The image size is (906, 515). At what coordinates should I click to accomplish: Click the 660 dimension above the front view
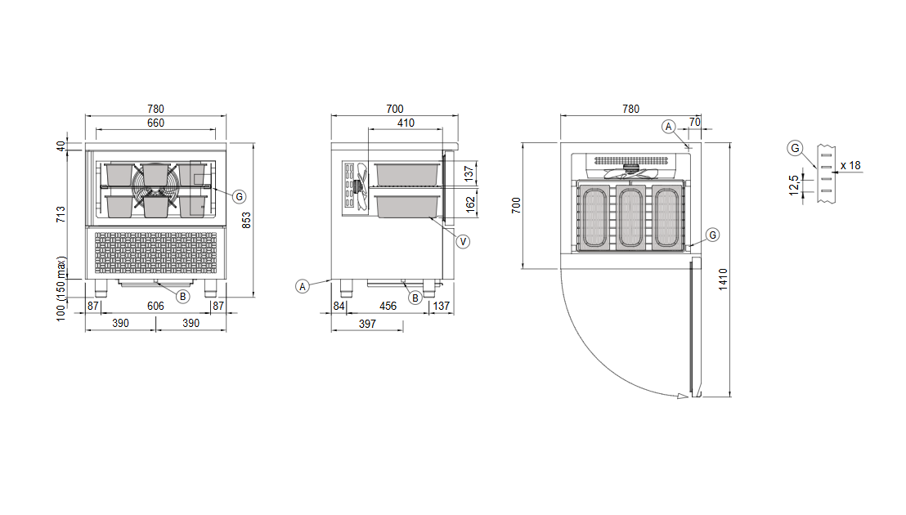(155, 123)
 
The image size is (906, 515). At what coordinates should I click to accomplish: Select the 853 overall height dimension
(246, 221)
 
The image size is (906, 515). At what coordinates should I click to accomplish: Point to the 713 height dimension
(61, 214)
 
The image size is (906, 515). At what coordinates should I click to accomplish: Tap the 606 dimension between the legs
(155, 306)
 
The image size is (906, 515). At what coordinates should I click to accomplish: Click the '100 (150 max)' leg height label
(61, 289)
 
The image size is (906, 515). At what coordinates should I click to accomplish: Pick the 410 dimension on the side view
(406, 123)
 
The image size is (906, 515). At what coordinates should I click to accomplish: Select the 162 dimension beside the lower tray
(470, 204)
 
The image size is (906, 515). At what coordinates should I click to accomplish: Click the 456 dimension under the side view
(388, 306)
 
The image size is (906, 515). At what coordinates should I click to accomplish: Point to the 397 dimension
(367, 324)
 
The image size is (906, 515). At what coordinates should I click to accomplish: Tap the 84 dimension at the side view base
(339, 306)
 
